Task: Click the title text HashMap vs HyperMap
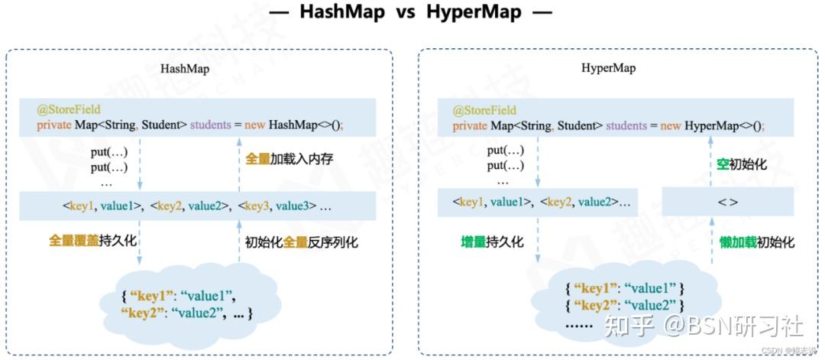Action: coord(413,12)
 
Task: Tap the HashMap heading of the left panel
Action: coord(185,69)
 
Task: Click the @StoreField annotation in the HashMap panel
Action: coord(69,110)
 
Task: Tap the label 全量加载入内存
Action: coord(290,160)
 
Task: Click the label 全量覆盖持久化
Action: coord(92,241)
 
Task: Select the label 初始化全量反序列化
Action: coord(302,242)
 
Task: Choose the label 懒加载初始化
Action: coord(756,242)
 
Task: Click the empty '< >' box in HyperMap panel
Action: coord(726,203)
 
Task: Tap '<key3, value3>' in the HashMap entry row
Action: coord(276,205)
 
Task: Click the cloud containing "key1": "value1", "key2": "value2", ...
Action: coord(186,304)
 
